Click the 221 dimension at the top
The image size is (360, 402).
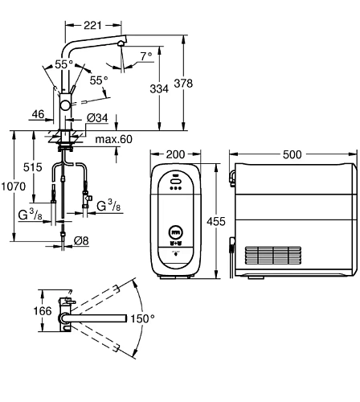tap(92, 25)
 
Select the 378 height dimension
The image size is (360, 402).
tap(183, 83)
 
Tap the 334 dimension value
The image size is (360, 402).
tap(159, 88)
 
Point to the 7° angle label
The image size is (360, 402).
tap(146, 56)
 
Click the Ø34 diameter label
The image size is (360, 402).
tap(97, 117)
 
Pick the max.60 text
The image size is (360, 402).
tap(113, 139)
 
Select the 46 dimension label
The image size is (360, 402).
tap(38, 114)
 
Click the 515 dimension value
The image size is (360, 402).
tap(33, 167)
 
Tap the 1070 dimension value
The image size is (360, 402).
tap(14, 187)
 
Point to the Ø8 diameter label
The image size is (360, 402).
tap(81, 240)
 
